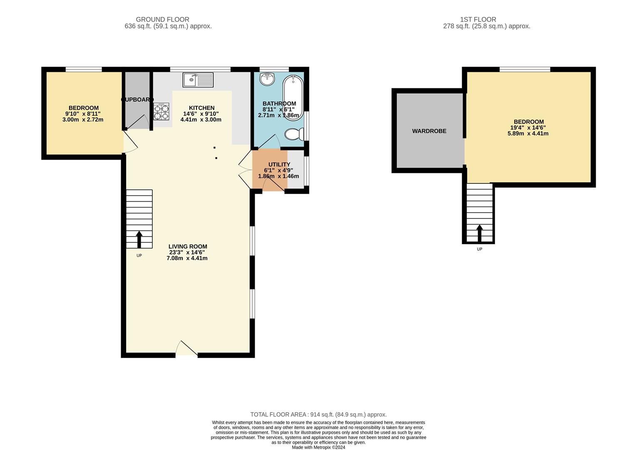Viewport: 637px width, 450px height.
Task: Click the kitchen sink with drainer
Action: tap(198, 80)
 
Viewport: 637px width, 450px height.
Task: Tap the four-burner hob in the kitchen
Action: tap(161, 111)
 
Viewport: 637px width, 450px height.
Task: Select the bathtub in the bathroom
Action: tap(293, 97)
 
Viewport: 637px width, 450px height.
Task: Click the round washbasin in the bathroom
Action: tap(267, 79)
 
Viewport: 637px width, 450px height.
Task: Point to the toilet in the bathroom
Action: tap(294, 134)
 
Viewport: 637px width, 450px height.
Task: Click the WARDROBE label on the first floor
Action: tap(429, 131)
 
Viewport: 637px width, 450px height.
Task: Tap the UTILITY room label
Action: tap(279, 165)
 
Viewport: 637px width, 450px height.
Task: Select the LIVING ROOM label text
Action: tap(188, 247)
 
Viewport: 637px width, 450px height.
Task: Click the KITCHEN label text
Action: tap(202, 108)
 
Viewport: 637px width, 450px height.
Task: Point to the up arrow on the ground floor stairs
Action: tap(139, 239)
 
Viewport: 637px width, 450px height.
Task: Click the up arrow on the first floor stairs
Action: tap(480, 233)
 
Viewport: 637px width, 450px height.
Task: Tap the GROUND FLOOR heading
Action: tap(162, 19)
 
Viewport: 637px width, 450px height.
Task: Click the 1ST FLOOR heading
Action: tap(478, 19)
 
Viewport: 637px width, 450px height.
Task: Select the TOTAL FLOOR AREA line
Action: tap(318, 415)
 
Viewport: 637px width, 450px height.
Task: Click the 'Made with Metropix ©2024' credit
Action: tap(318, 447)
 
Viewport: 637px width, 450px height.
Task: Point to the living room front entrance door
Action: tap(187, 348)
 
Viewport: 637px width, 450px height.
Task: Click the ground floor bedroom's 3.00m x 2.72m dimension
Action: tap(83, 120)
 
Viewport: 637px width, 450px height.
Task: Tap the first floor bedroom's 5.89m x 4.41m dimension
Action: tap(528, 133)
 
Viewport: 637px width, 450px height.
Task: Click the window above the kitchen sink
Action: tap(200, 69)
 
